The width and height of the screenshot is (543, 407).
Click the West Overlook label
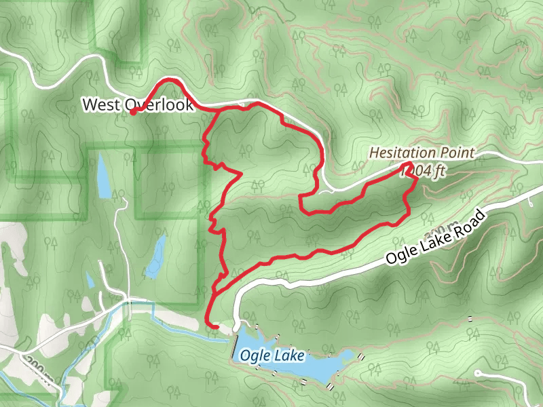pyautogui.click(x=138, y=105)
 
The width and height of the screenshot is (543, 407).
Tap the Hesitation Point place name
pyautogui.click(x=422, y=153)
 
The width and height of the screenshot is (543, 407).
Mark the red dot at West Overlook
pyautogui.click(x=134, y=112)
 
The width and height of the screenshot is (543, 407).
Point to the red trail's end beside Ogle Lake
pyautogui.click(x=216, y=328)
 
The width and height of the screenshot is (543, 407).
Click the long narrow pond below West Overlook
pyautogui.click(x=103, y=176)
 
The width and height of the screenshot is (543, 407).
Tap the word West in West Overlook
pyautogui.click(x=101, y=105)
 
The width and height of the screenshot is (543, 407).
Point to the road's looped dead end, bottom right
pyautogui.click(x=479, y=374)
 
